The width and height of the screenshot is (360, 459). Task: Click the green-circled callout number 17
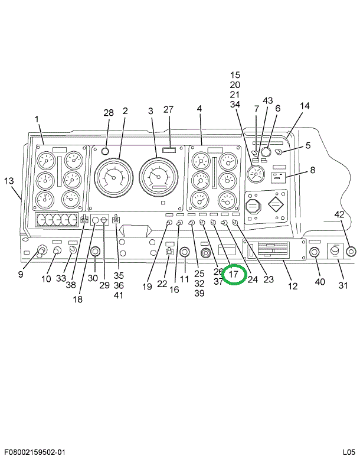pos(234,275)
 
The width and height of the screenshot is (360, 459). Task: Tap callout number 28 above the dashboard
pos(109,113)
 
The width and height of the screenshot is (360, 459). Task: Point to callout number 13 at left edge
pos(8,181)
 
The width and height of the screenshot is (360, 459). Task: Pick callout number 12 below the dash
pos(293,287)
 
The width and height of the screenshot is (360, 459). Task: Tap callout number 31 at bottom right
pos(343,287)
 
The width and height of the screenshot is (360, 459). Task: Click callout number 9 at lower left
pos(20,274)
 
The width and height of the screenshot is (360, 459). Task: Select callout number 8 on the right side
pos(312,170)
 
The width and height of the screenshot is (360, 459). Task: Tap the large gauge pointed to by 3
pos(159,177)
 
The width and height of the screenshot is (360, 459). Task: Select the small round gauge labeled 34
pos(256,174)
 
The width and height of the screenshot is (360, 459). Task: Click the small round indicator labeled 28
pos(106,151)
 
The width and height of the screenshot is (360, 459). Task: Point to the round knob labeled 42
pos(351,252)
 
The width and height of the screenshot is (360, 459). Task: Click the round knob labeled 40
pos(314,252)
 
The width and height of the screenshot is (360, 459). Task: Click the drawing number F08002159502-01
pos(36,453)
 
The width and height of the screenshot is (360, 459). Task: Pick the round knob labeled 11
pos(184,253)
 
